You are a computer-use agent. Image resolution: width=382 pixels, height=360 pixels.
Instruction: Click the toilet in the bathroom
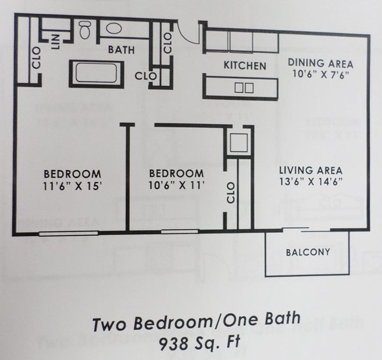85,30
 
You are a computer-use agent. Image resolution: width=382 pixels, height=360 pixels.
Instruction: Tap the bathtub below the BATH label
97,74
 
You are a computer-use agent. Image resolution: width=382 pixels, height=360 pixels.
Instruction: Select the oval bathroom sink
114,29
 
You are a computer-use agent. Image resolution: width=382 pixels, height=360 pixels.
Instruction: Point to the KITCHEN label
245,66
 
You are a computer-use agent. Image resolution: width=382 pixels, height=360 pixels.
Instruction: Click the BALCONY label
308,252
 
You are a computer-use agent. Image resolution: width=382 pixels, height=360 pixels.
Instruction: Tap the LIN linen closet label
56,41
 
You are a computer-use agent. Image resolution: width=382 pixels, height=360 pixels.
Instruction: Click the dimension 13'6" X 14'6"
311,181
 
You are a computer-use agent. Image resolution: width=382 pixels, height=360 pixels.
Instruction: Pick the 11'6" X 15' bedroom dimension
73,186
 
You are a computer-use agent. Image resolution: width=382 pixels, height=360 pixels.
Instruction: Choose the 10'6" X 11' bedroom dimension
176,186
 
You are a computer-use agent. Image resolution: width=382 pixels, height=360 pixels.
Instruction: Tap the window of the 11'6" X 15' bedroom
69,233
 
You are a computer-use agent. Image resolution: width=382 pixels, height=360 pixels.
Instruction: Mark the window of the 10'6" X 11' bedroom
180,232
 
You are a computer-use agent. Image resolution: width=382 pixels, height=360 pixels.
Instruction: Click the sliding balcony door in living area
306,230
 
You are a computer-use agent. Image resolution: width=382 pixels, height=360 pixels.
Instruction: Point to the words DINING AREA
321,63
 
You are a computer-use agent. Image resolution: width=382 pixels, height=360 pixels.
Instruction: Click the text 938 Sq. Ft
200,342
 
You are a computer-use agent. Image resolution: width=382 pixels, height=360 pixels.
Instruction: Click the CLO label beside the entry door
167,43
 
